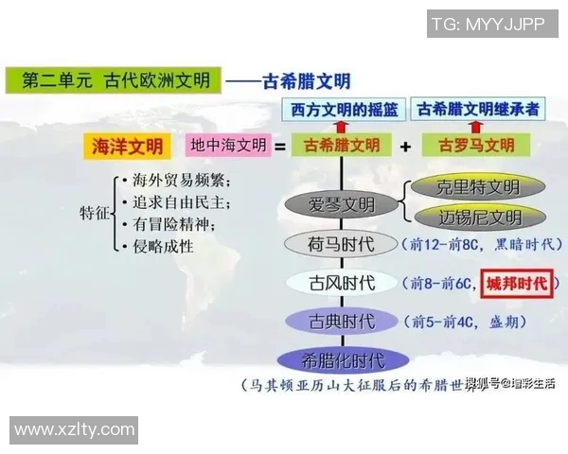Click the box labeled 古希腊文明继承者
[479, 110]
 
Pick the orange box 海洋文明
[127, 147]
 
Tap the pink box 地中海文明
[229, 147]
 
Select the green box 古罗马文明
[478, 147]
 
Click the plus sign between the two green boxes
[405, 147]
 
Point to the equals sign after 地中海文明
[280, 147]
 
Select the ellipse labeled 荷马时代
[342, 245]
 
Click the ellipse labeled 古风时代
[342, 283]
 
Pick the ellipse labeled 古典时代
[342, 322]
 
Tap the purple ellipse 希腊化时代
[342, 360]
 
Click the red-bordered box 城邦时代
[517, 283]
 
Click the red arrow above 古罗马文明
[478, 128]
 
